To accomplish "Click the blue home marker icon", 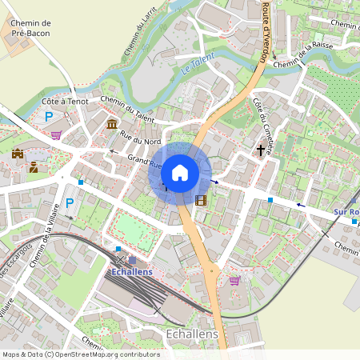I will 180,172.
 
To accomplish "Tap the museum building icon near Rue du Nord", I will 112,125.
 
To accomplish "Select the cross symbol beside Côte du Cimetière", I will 261,150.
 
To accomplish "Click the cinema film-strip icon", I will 200,200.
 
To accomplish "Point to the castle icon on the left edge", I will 18,153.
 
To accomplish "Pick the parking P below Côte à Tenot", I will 49,117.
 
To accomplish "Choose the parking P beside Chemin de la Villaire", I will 69,202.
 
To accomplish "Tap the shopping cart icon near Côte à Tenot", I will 56,135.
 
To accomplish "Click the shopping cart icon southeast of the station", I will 234,281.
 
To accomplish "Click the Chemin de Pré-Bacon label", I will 31,29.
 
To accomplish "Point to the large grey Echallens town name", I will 191,333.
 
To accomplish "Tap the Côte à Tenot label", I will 65,102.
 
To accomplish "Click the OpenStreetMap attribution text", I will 80,354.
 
